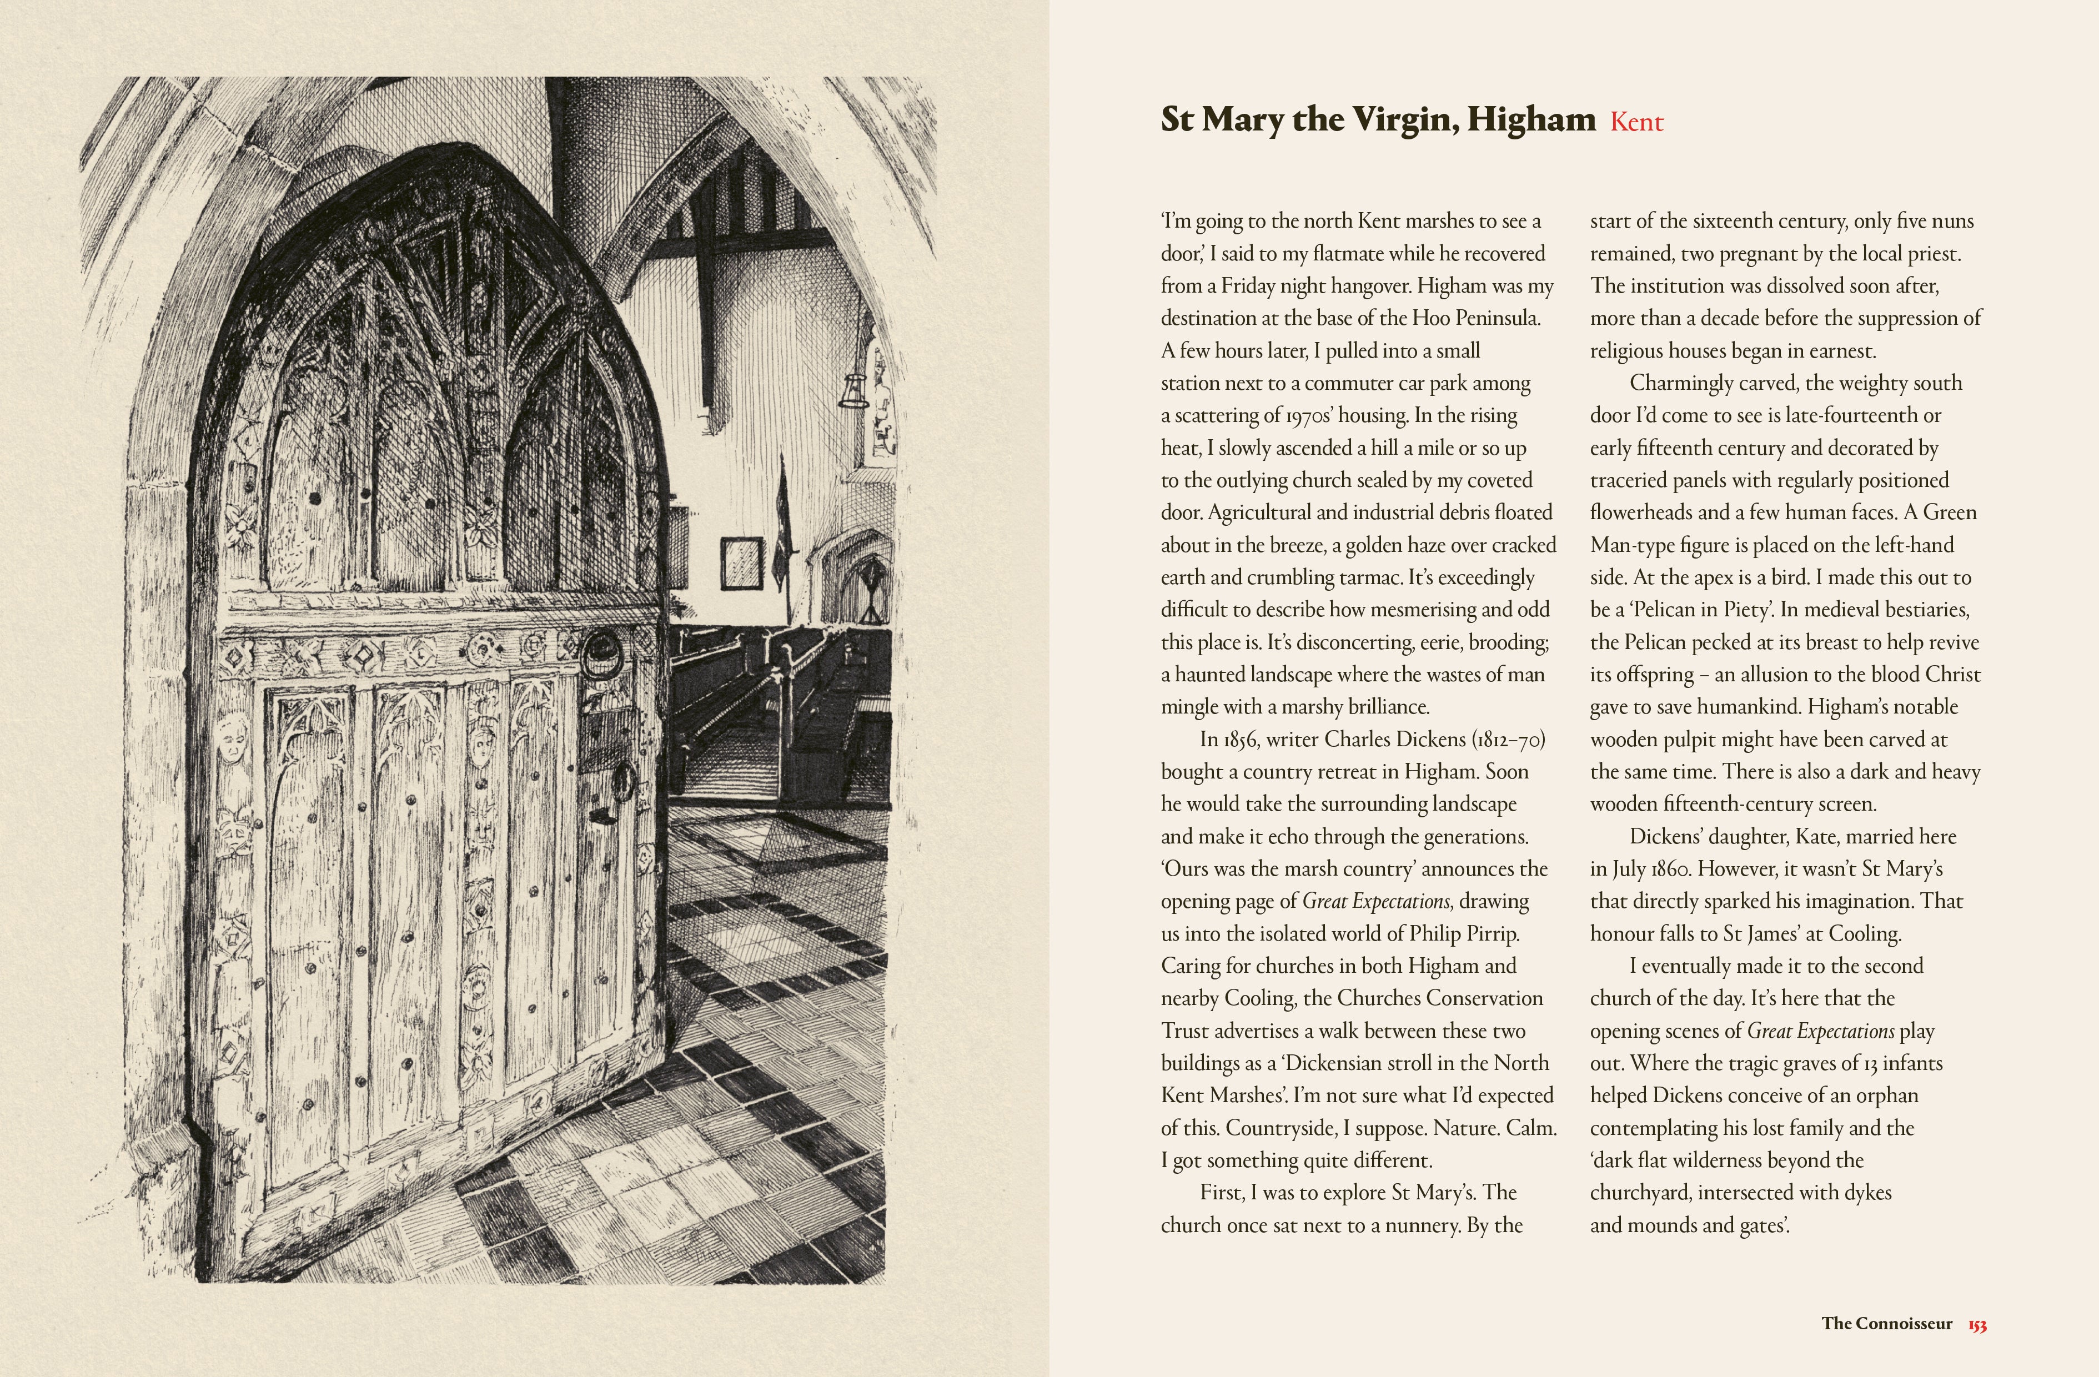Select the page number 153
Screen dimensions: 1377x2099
pyautogui.click(x=1977, y=1324)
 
